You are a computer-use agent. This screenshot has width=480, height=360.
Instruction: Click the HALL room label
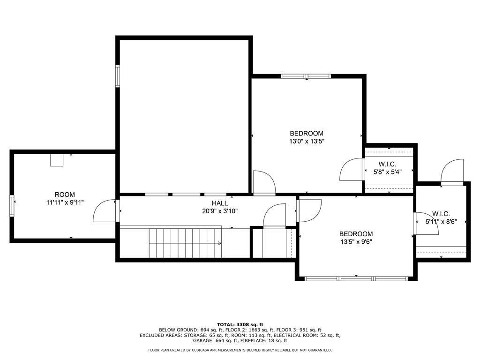click(x=219, y=203)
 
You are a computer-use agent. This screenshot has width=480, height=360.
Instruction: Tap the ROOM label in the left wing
click(x=65, y=195)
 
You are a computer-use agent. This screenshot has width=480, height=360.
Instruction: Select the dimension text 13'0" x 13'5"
click(x=307, y=142)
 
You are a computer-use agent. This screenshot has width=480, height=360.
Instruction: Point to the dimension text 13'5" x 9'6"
click(x=356, y=242)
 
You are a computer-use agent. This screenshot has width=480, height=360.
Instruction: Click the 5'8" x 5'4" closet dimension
click(x=387, y=172)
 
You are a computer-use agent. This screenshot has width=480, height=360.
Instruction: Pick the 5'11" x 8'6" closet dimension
click(x=441, y=222)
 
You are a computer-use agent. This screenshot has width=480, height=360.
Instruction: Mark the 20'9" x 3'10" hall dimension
click(x=220, y=211)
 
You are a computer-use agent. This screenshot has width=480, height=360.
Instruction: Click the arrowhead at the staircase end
click(x=219, y=243)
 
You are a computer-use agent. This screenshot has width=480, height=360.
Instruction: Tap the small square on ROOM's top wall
click(x=57, y=160)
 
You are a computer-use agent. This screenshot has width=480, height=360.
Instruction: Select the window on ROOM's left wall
click(x=12, y=206)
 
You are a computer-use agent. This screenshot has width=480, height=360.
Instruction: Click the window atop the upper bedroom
click(x=306, y=76)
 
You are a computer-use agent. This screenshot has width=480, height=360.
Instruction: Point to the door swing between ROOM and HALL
click(x=105, y=210)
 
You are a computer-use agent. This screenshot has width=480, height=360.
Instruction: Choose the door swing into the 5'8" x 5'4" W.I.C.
click(x=351, y=169)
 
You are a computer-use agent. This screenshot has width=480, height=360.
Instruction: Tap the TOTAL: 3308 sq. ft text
click(x=240, y=324)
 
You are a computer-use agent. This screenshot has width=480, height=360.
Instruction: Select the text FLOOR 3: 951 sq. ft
click(x=299, y=330)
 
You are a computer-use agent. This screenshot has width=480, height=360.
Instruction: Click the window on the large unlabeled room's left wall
click(x=118, y=76)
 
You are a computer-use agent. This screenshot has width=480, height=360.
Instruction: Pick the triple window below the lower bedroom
click(x=356, y=278)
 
